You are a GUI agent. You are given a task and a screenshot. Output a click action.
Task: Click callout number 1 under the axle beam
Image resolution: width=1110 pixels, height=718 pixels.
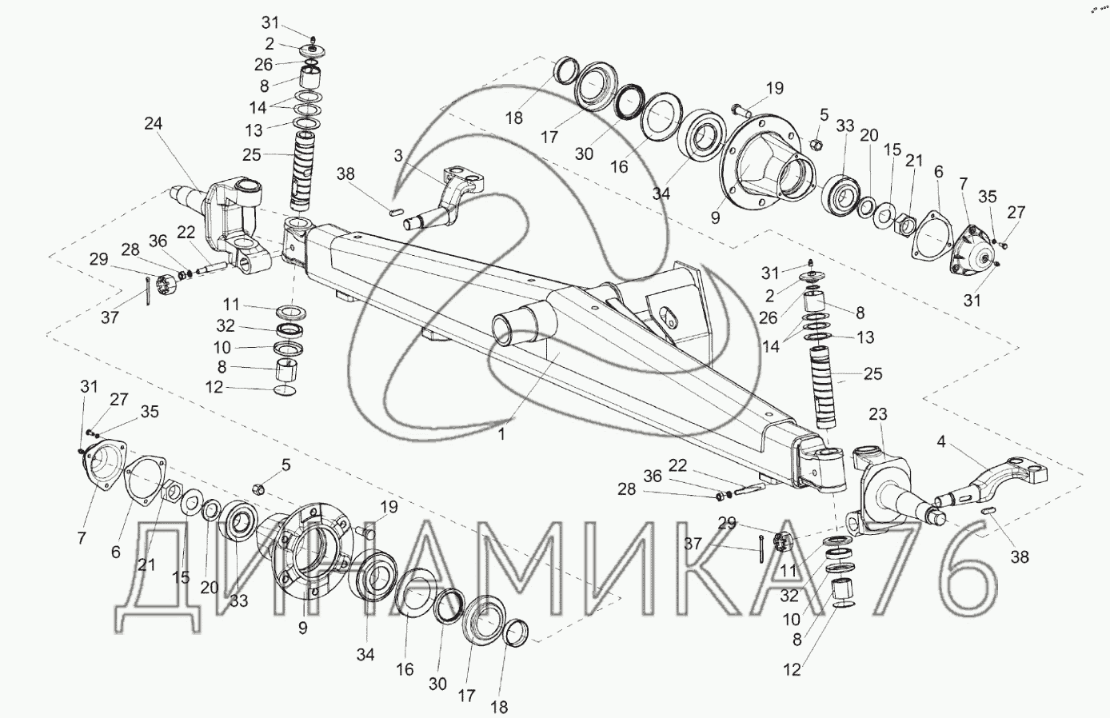501,435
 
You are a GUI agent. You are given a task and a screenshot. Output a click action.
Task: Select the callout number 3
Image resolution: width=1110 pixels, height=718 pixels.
398,156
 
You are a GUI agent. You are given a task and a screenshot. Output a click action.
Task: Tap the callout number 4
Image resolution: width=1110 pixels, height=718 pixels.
941,441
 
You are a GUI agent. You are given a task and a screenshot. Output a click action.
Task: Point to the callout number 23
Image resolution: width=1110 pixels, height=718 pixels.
878,413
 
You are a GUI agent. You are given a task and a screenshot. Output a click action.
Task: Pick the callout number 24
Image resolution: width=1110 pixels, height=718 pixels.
153,123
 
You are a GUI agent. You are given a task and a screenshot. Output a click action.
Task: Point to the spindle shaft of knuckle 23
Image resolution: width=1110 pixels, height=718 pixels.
912,506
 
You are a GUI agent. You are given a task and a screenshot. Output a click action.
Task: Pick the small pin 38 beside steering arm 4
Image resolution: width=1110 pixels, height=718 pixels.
989,511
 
